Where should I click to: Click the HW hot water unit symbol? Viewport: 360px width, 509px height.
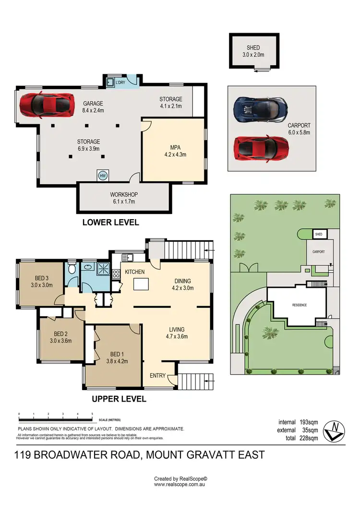click(x=103, y=176)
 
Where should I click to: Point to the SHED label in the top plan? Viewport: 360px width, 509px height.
click(x=253, y=47)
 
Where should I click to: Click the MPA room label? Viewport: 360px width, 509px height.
click(x=175, y=148)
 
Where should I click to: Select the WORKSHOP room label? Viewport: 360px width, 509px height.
click(x=122, y=195)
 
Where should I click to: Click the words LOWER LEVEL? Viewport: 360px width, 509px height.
click(x=111, y=222)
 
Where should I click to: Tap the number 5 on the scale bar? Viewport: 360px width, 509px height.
click(x=92, y=414)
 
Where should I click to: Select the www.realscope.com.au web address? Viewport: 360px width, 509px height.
click(x=180, y=485)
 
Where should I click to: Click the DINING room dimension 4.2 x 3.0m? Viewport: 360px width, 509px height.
click(x=183, y=288)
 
